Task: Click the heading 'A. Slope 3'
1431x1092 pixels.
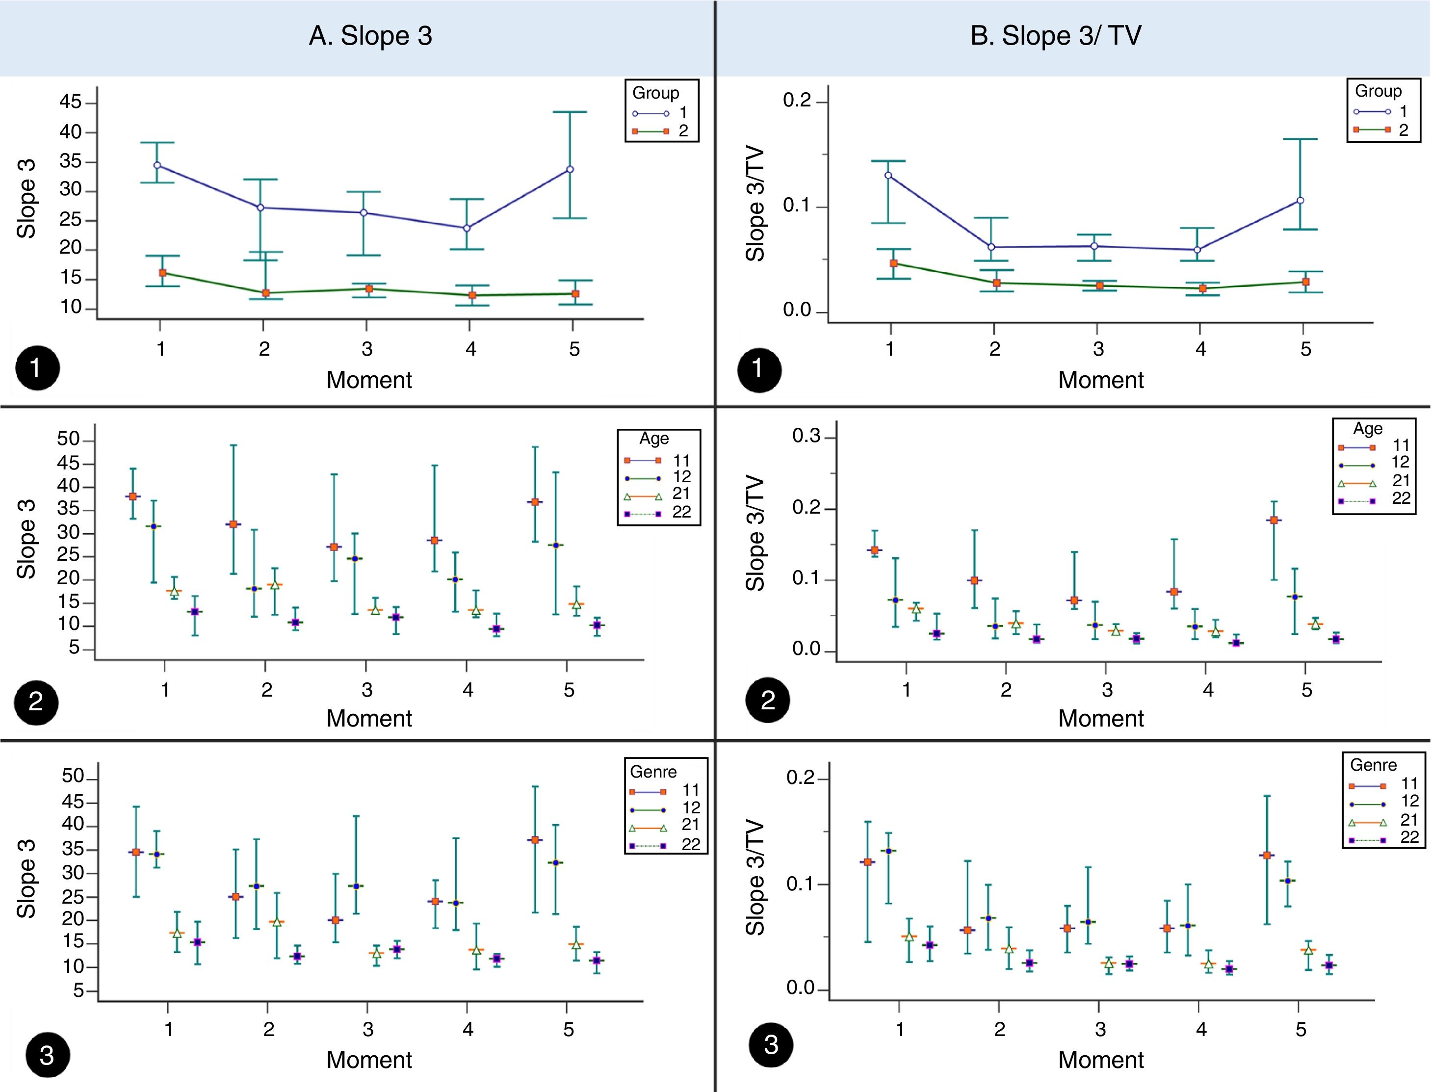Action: pyautogui.click(x=370, y=36)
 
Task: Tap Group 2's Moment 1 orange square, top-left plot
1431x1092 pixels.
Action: pyautogui.click(x=162, y=273)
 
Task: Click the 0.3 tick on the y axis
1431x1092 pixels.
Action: pyautogui.click(x=806, y=436)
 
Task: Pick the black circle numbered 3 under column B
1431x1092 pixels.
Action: pyautogui.click(x=771, y=1044)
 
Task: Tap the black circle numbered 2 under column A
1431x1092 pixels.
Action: pyautogui.click(x=36, y=702)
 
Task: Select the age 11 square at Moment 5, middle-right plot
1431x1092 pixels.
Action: pyautogui.click(x=1274, y=520)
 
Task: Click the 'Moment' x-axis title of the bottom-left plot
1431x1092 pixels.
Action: pyautogui.click(x=368, y=1060)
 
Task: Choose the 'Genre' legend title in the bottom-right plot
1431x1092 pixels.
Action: pyautogui.click(x=1373, y=765)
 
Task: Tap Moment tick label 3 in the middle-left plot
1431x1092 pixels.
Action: pyautogui.click(x=367, y=690)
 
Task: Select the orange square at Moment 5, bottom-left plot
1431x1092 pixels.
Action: pyautogui.click(x=535, y=840)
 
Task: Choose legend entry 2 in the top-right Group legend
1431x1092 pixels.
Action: pyautogui.click(x=1403, y=130)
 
